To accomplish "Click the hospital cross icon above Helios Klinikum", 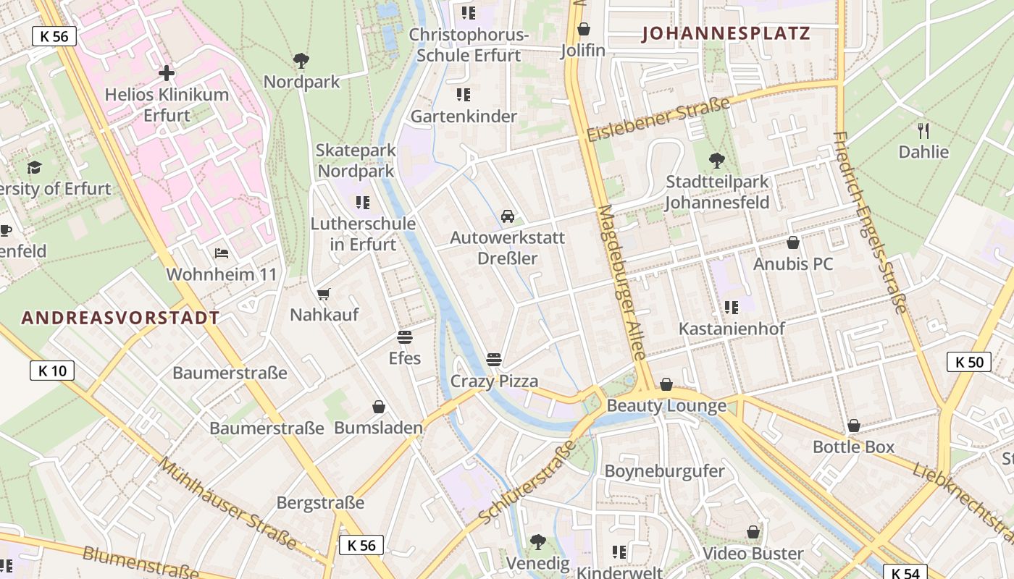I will pos(167,72).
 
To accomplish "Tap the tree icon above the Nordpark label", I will pos(301,61).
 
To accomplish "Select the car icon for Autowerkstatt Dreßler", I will pos(508,216).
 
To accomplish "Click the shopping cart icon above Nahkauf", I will pos(324,294).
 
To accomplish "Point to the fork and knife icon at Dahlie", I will pos(923,131).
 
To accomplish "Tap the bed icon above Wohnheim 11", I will pos(222,253).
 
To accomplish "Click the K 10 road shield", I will pos(52,371).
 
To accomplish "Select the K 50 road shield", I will pos(968,362).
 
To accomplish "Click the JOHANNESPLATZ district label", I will pos(726,33).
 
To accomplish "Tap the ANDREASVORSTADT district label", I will pos(120,318).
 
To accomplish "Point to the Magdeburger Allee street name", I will pos(621,282).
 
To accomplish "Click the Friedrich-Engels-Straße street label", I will pos(869,221).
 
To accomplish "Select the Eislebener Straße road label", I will pos(658,120).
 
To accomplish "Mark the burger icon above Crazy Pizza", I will pos(495,360).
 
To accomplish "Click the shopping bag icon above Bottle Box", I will pos(854,426).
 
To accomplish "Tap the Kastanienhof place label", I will pos(732,329).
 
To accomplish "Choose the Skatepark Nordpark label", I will pos(356,161).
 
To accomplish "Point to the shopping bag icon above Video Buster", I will pos(753,533).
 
